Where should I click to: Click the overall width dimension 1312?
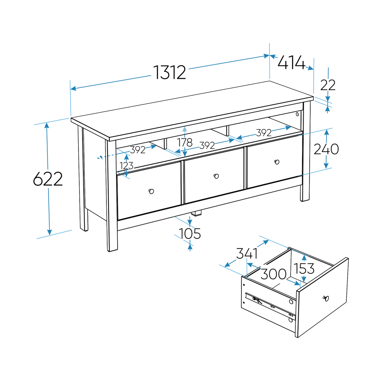click(170, 72)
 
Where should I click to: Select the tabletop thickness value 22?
click(328, 85)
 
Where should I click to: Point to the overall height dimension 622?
click(48, 179)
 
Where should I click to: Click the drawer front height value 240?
click(326, 149)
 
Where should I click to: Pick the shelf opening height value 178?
click(185, 143)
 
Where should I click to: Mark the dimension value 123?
click(127, 166)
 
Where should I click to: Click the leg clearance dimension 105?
click(190, 234)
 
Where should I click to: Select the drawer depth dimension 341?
click(247, 254)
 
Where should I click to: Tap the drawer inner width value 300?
click(273, 275)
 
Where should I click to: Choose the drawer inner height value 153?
click(304, 268)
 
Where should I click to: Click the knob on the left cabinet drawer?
click(151, 191)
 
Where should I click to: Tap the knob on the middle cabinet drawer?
click(216, 176)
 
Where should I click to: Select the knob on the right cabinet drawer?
click(276, 162)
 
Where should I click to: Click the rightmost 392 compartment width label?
click(263, 133)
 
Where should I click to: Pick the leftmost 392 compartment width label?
click(138, 150)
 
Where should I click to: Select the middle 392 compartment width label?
click(207, 145)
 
